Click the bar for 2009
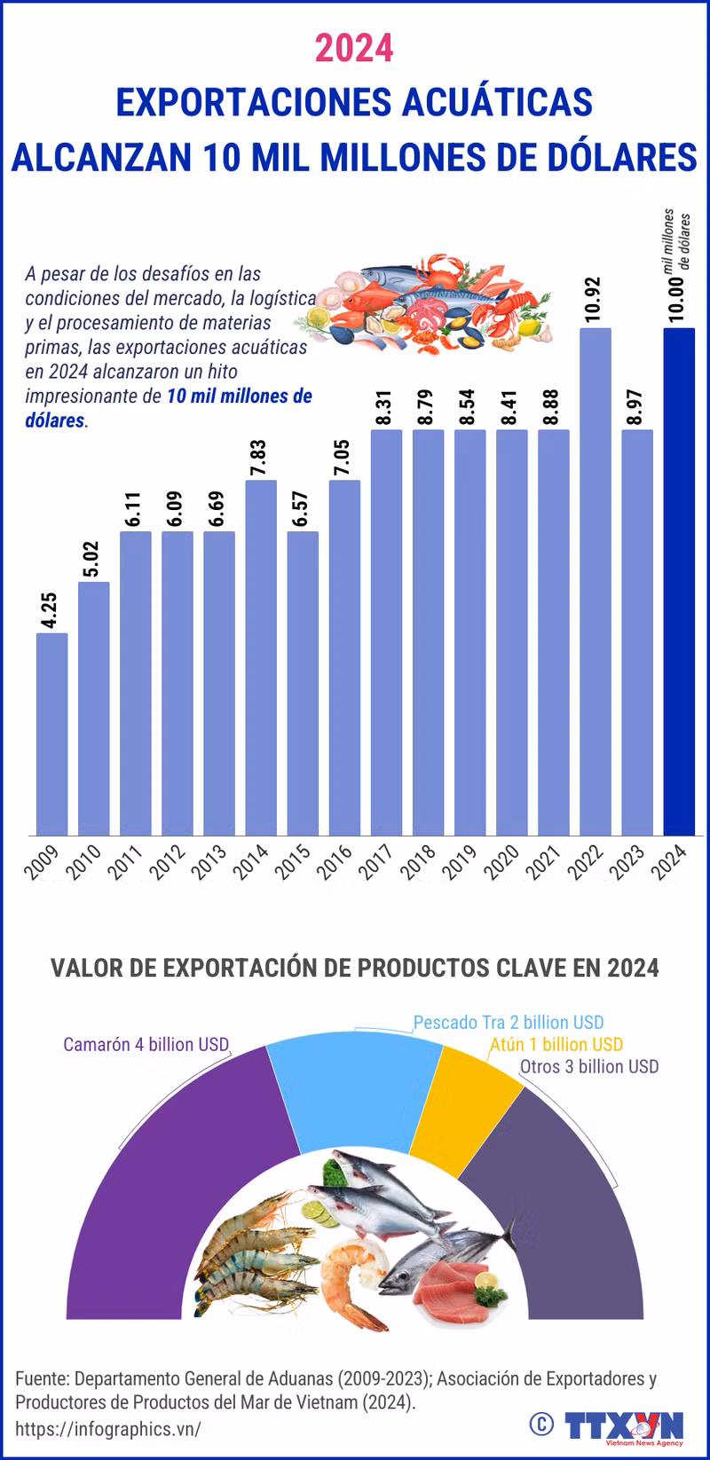coord(52,734)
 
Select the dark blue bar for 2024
coord(679,581)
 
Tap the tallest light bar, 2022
coord(596,581)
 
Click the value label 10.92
coord(595,300)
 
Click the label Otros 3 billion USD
coord(589,1067)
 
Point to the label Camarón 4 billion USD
coord(146,1044)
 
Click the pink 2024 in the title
coord(355,48)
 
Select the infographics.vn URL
coord(108,1429)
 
